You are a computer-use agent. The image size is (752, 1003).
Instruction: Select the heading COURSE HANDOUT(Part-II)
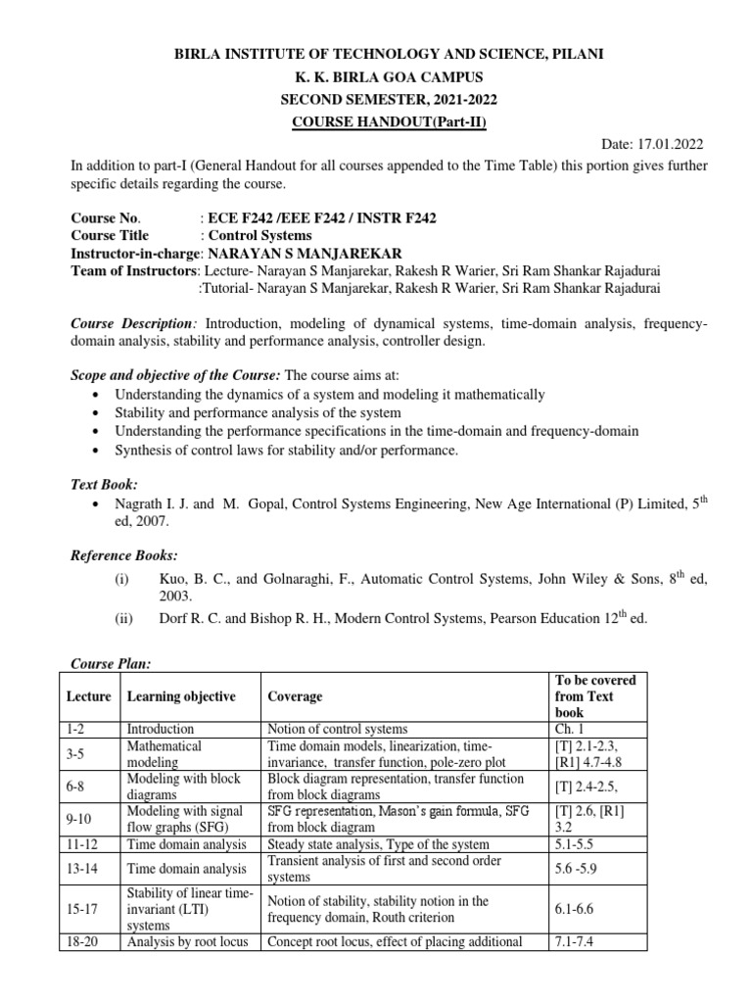376,121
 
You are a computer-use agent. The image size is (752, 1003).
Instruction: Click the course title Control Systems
259,235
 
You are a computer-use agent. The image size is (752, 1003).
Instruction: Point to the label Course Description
132,322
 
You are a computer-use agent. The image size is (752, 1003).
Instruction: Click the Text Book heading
104,484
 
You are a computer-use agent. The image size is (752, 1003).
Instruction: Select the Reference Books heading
122,555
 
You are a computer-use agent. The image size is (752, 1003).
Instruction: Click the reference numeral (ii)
121,618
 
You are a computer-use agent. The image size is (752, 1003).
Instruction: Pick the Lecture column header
89,696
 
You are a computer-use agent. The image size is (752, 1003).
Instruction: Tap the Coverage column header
296,696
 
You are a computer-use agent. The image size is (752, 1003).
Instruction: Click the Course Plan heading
109,664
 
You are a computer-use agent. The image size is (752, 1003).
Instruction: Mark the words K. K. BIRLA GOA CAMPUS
376,76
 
